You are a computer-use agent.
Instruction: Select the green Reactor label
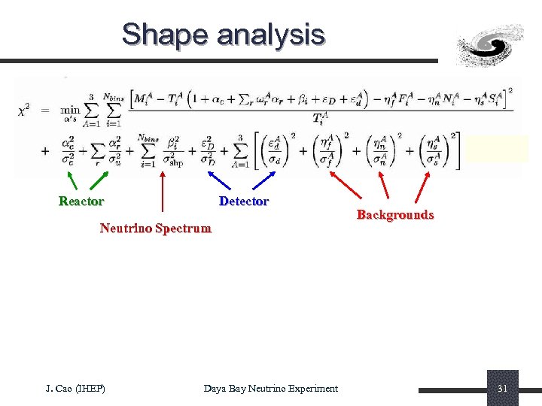pos(81,201)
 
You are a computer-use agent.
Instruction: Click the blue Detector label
pos(243,201)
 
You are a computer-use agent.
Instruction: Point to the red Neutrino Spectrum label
pos(155,228)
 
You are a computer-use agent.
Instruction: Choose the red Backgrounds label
pos(394,215)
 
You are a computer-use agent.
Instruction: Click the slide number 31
pos(502,388)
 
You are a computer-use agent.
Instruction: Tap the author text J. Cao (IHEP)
pos(75,388)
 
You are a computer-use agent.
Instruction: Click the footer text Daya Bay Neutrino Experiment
pos(270,388)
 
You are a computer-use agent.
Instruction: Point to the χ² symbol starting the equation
pos(24,111)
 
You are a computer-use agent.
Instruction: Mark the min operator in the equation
pos(70,111)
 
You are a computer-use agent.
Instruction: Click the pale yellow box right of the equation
pos(497,149)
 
